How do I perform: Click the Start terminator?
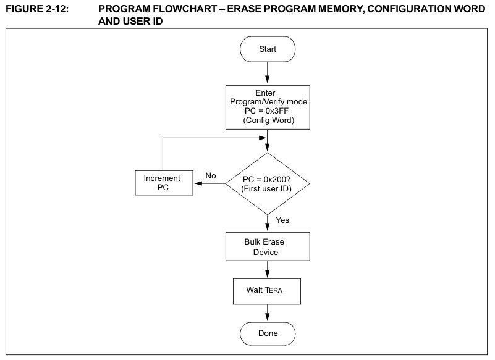tap(268, 49)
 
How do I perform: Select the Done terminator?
tap(268, 333)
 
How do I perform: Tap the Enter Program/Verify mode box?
tap(268, 107)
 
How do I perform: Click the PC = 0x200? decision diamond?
tap(268, 183)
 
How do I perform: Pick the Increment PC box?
tap(164, 183)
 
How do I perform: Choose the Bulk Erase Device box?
tap(268, 247)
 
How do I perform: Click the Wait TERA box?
tap(267, 291)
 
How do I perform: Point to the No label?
tap(211, 176)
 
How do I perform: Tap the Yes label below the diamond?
tap(282, 220)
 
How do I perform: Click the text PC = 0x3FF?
tap(266, 111)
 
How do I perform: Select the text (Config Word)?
tap(269, 120)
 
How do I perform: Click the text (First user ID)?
tap(266, 189)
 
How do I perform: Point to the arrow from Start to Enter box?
tap(268, 73)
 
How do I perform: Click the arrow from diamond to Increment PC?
tap(209, 183)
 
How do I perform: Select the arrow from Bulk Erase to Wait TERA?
tap(268, 270)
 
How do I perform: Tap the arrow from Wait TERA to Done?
tap(268, 313)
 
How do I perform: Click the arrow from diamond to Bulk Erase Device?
tap(268, 224)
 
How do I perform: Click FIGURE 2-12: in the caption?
tap(37, 9)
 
